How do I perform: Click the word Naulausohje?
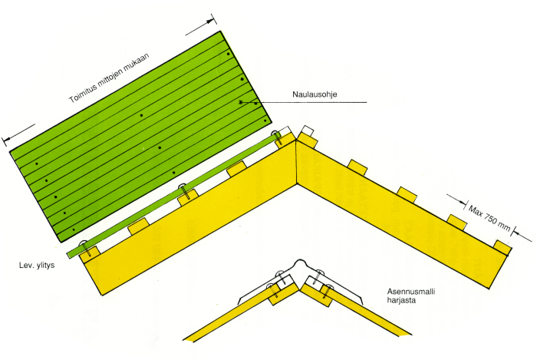[x=315, y=96]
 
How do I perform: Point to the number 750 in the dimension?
[x=493, y=215]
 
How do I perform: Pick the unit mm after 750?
[x=508, y=224]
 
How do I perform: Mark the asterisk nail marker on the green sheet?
[x=241, y=102]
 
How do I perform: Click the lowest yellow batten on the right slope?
[x=503, y=246]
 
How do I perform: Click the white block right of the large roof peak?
[x=308, y=130]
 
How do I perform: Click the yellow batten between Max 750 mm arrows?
[x=456, y=222]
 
